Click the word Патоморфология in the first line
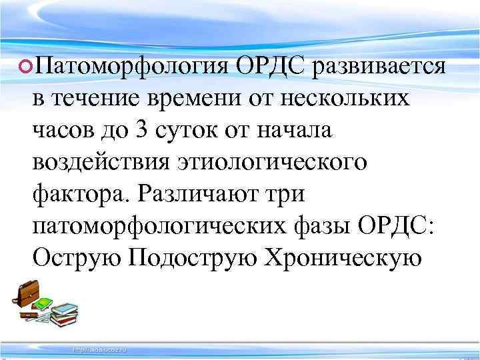tap(131, 67)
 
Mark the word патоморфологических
tap(160, 227)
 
